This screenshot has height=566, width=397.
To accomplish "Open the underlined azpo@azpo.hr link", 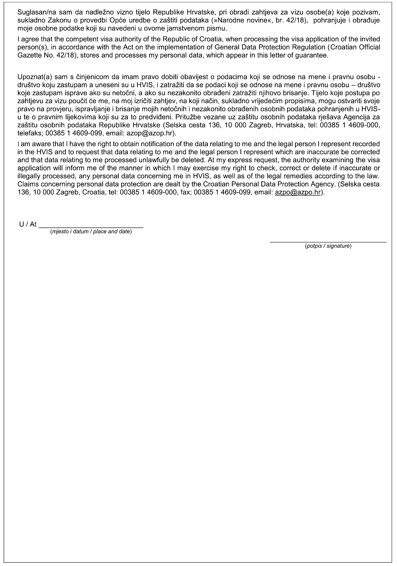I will point(298,192).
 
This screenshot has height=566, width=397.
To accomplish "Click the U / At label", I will point(28,224).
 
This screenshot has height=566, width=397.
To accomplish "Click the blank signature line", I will point(328,241).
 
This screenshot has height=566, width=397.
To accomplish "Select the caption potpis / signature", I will point(328,246).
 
